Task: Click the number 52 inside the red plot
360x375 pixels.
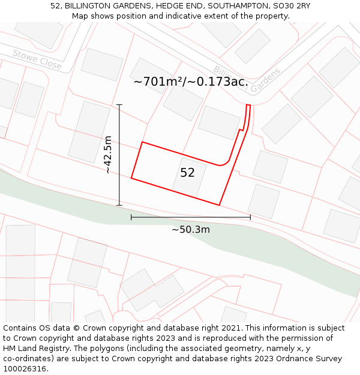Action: [x=187, y=173]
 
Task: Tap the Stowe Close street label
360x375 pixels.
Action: [x=37, y=59]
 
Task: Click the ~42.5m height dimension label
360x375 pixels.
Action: [x=108, y=155]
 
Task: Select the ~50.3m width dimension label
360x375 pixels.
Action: [x=191, y=229]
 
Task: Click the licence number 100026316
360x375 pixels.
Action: [x=26, y=368]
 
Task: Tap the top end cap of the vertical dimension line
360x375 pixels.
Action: [x=119, y=105]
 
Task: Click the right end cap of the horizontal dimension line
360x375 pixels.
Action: [x=250, y=217]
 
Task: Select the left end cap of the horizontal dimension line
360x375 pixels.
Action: [x=131, y=217]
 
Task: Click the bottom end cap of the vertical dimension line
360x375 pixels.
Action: [x=119, y=206]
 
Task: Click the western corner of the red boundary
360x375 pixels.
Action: [x=131, y=178]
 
